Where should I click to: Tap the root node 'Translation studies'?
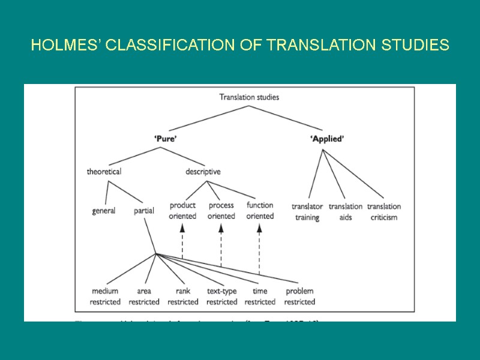pos(249,97)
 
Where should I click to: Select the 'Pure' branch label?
pos(166,139)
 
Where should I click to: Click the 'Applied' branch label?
pos(327,139)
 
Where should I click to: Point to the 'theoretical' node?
pos(104,172)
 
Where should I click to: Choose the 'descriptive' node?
pos(203,172)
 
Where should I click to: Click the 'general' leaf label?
pos(104,211)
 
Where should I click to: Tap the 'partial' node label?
pos(144,211)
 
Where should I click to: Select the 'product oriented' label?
pos(182,211)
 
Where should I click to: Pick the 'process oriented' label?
pos(221,211)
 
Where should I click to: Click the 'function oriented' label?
pos(260,211)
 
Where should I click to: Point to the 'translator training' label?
pos(307,212)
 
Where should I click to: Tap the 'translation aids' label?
pos(346,212)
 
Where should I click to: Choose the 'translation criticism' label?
pos(384,212)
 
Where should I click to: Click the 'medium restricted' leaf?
pos(105,296)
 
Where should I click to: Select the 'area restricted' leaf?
pos(144,296)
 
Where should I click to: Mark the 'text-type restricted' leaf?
pos(221,296)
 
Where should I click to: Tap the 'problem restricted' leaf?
pos(299,296)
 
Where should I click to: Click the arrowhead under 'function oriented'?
pos(260,228)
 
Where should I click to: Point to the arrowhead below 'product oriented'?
pos(182,228)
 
